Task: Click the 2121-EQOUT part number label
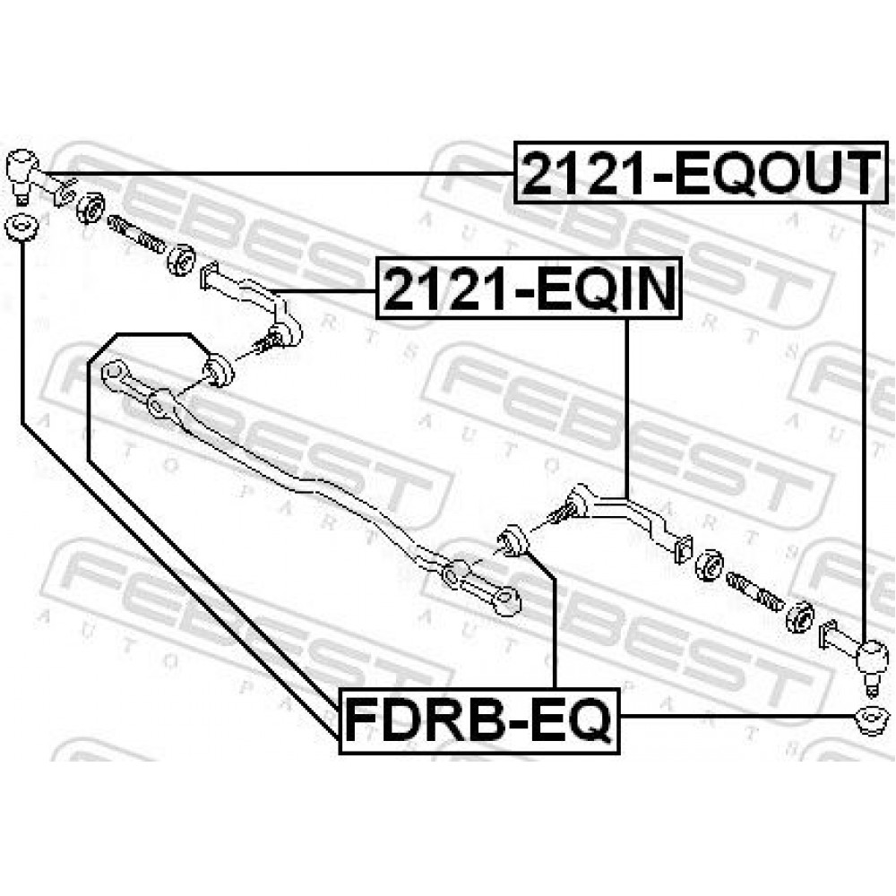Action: [702, 172]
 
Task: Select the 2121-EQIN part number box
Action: [529, 289]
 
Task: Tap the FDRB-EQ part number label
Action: [479, 720]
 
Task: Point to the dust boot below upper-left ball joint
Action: [21, 227]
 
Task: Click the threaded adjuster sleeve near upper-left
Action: [135, 233]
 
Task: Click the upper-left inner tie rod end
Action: [252, 303]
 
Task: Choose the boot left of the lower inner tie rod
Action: [513, 541]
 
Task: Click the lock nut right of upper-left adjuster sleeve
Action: [182, 258]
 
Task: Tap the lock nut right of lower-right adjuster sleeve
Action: [800, 617]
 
